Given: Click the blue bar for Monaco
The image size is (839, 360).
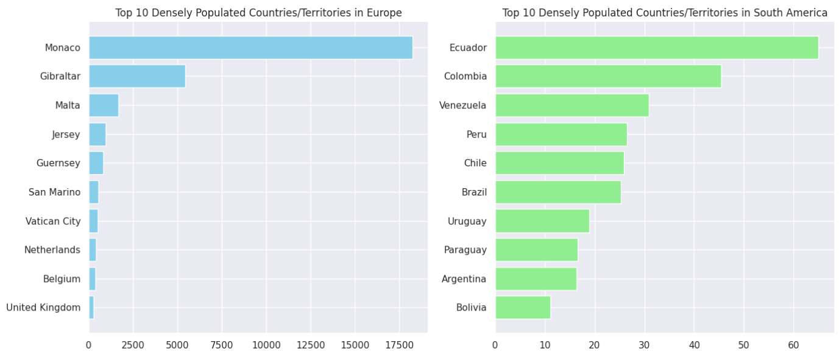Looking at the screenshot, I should tap(250, 48).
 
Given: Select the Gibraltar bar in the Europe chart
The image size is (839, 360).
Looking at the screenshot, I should tap(137, 76).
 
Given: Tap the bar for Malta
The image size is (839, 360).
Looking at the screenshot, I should tap(104, 105).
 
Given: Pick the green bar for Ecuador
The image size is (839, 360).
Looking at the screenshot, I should tap(656, 48).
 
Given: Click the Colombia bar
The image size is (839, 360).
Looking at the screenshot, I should tap(608, 76).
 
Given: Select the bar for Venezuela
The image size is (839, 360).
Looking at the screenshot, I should tap(572, 105).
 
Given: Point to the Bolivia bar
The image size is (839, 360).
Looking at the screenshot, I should tap(523, 307).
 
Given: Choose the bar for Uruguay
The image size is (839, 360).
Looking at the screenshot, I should tap(542, 221).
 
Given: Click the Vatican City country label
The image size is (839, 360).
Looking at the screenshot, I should tap(53, 221).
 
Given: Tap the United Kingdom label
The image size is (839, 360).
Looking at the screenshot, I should tap(43, 308).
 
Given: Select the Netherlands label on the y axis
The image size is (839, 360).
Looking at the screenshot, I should tap(52, 250).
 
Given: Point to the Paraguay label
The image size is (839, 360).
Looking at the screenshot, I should tap(466, 250).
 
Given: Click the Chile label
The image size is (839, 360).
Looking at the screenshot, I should tap(475, 163).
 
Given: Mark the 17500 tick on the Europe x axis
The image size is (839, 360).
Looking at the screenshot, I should tap(399, 345).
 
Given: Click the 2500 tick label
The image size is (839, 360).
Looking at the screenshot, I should tap(133, 345).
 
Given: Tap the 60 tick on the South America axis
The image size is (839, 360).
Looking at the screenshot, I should tap(793, 345).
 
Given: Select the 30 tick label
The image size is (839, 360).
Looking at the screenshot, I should tap(644, 345).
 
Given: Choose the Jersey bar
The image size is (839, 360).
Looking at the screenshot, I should tap(97, 134).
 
